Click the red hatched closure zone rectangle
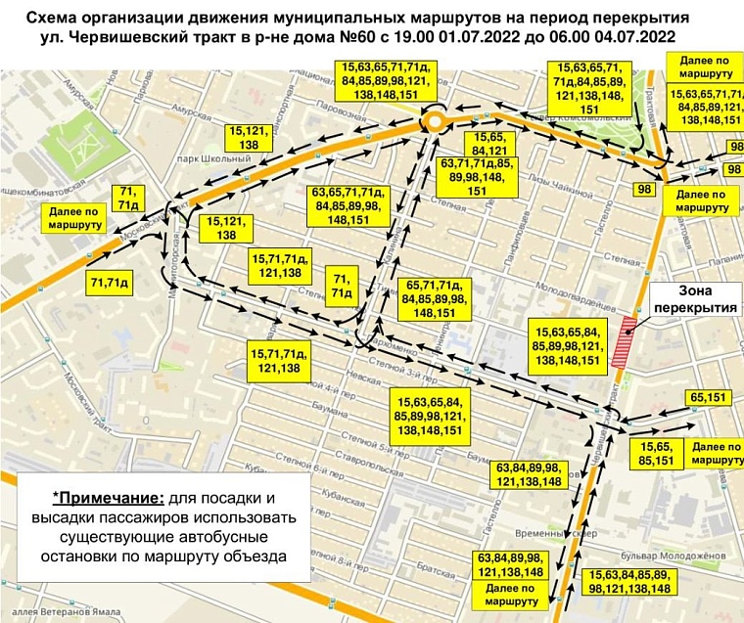click(x=620, y=345)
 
